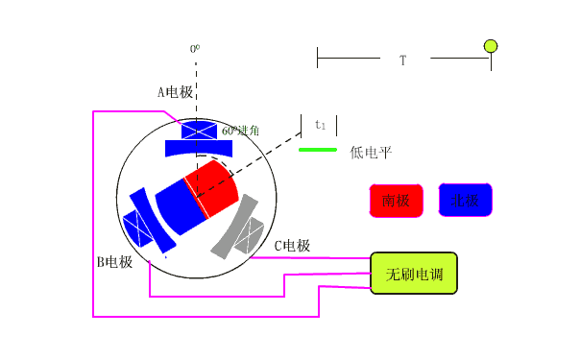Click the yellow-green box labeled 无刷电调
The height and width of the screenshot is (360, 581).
tap(414, 274)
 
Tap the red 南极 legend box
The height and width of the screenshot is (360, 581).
tap(396, 201)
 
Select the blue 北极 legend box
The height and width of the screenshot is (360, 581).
tap(465, 201)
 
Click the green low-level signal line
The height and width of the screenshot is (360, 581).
tap(318, 150)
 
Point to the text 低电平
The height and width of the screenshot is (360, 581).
tap(371, 152)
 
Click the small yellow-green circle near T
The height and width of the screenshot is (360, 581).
tap(491, 45)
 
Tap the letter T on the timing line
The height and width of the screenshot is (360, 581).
tap(403, 60)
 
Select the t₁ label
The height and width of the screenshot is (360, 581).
tap(321, 125)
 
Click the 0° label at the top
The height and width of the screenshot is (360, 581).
tap(194, 48)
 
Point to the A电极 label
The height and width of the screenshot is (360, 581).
tap(176, 93)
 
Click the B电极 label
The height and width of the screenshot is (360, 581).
tap(113, 261)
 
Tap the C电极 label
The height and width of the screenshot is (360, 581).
tap(292, 246)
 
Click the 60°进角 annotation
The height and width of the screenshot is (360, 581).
tap(240, 130)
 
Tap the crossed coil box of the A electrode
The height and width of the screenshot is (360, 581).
tap(199, 131)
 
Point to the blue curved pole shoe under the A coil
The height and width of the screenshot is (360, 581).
tap(199, 149)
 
